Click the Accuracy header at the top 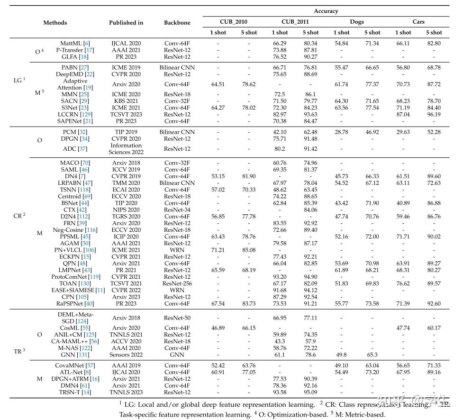326,11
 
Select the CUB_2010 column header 233,22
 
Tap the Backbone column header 177,22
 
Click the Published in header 126,22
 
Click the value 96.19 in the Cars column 434,114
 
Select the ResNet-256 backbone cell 177,283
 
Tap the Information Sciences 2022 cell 126,149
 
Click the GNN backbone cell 177,354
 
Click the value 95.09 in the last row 310,392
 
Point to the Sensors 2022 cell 126,354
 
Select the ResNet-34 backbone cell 177,210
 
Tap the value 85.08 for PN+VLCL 249,250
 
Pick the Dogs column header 357,22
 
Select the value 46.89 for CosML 218,328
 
